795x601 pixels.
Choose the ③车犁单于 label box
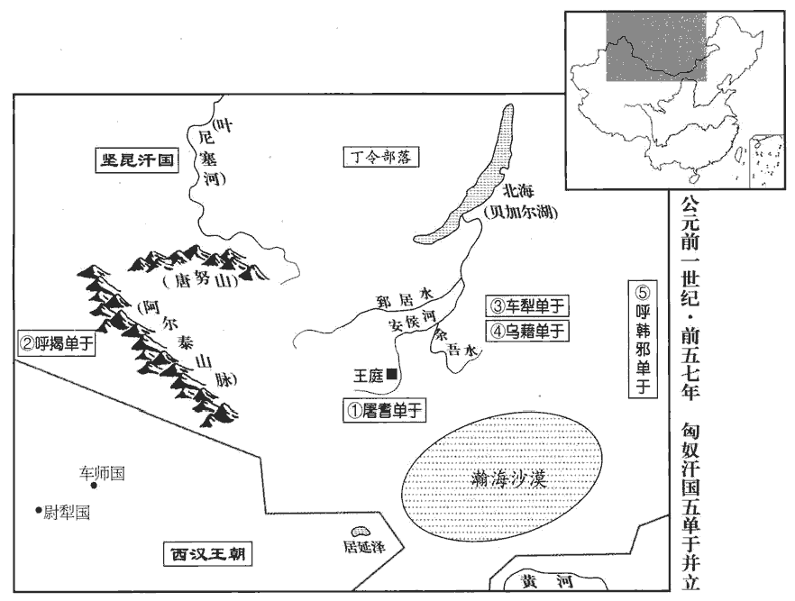(527, 305)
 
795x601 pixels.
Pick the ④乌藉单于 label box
(527, 331)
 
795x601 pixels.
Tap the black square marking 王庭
(391, 375)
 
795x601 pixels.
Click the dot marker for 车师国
(94, 486)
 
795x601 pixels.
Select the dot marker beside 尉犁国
(39, 511)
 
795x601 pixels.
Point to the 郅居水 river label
(405, 296)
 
